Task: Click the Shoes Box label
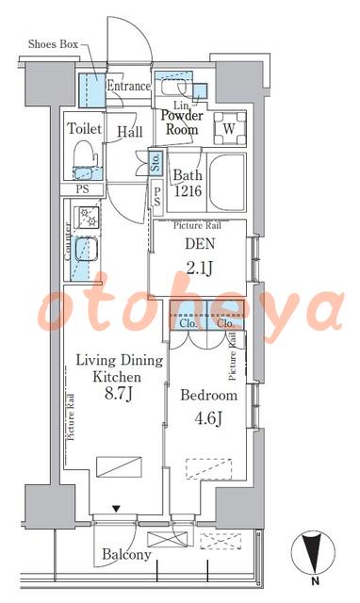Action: pyautogui.click(x=53, y=44)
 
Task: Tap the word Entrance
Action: pyautogui.click(x=128, y=86)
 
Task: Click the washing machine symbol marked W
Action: pyautogui.click(x=230, y=128)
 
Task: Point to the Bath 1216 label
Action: pyautogui.click(x=188, y=183)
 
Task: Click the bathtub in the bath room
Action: pyautogui.click(x=226, y=182)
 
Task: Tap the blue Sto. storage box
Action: pyautogui.click(x=155, y=163)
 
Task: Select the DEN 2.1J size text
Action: pyautogui.click(x=200, y=269)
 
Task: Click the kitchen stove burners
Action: pyautogui.click(x=89, y=217)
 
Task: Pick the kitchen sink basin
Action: pyautogui.click(x=86, y=249)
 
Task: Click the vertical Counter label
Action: pyautogui.click(x=68, y=242)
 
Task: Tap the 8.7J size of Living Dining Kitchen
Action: pyautogui.click(x=119, y=394)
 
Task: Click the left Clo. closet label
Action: pyautogui.click(x=188, y=323)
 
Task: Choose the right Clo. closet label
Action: pyautogui.click(x=225, y=323)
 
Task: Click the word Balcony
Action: pyautogui.click(x=126, y=554)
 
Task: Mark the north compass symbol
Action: pyautogui.click(x=311, y=555)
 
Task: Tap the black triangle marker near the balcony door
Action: pyautogui.click(x=116, y=509)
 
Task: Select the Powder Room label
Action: pyautogui.click(x=182, y=122)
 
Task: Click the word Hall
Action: pyautogui.click(x=130, y=132)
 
